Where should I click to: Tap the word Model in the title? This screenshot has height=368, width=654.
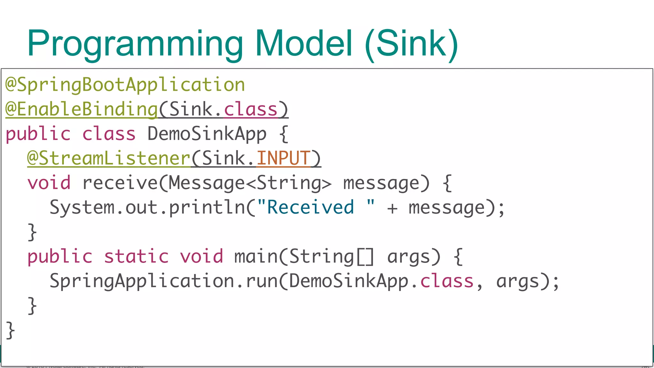pyautogui.click(x=304, y=43)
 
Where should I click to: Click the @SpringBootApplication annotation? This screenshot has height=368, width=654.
pyautogui.click(x=125, y=85)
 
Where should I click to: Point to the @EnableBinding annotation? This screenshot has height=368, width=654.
pyautogui.click(x=82, y=110)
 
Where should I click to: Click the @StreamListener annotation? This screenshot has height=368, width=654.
pyautogui.click(x=109, y=158)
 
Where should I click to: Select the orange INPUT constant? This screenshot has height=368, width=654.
pyautogui.click(x=283, y=158)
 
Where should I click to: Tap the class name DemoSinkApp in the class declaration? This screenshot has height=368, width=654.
pyautogui.click(x=207, y=134)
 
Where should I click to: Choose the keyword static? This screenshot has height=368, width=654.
pyautogui.click(x=136, y=257)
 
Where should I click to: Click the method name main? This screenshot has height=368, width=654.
pyautogui.click(x=256, y=257)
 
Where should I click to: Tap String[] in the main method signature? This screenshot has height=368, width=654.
pyautogui.click(x=331, y=257)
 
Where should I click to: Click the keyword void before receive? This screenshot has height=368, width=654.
pyautogui.click(x=49, y=183)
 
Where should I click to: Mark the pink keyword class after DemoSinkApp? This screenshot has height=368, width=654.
pyautogui.click(x=447, y=281)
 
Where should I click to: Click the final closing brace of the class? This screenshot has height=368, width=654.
pyautogui.click(x=10, y=330)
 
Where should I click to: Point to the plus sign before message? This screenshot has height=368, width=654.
pyautogui.click(x=392, y=208)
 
